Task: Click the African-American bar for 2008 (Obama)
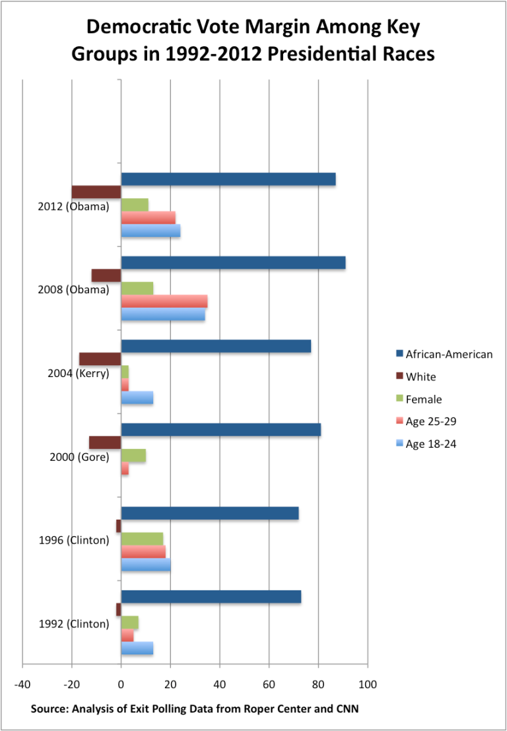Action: tap(233, 263)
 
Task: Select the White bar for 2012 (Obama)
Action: tap(96, 192)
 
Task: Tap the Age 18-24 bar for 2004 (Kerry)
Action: tap(137, 398)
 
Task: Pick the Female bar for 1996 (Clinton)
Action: tap(142, 539)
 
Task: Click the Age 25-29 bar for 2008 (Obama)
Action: tap(164, 301)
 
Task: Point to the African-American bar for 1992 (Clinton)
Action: tap(211, 597)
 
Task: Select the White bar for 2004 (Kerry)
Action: tap(100, 359)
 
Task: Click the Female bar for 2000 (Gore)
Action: tap(133, 456)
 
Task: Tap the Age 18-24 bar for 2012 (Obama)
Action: tap(151, 230)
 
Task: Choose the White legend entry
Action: tap(421, 377)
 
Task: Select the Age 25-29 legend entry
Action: tap(430, 422)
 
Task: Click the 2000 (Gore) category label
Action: tap(79, 457)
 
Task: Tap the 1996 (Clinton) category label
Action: tap(74, 540)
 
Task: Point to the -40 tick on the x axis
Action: tap(22, 684)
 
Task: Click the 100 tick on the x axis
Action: tap(368, 684)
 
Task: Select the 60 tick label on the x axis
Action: tap(269, 684)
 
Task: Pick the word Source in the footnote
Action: tap(50, 709)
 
